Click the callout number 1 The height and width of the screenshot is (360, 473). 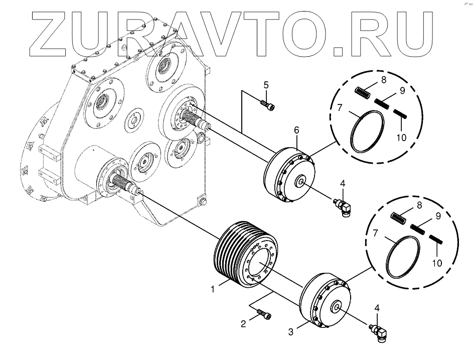tap(213, 290)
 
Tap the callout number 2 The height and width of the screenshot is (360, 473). tap(243, 324)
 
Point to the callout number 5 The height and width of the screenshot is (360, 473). tap(266, 84)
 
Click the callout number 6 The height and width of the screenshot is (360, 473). tap(296, 130)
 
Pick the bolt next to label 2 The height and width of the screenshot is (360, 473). tap(264, 315)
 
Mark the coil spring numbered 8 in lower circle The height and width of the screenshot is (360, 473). tap(398, 217)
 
